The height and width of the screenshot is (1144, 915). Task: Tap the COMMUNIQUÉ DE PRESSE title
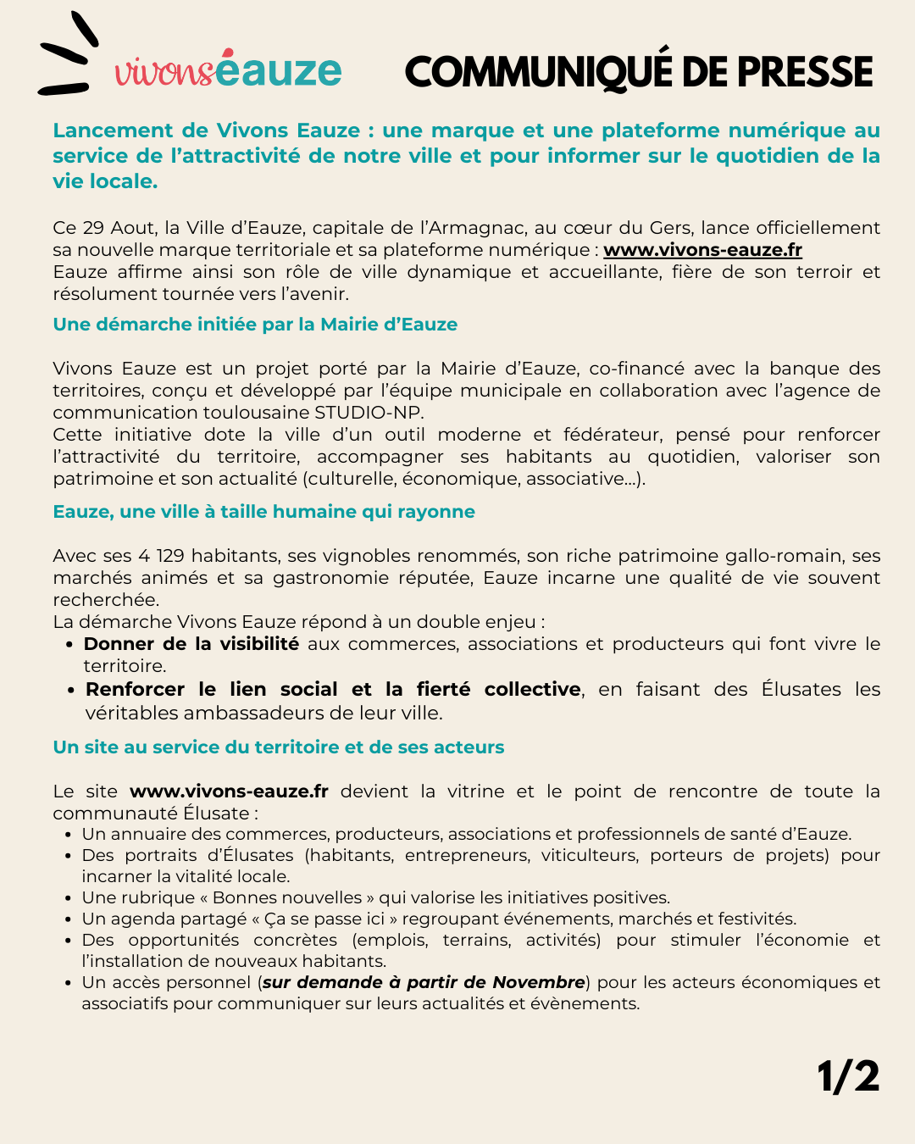(639, 72)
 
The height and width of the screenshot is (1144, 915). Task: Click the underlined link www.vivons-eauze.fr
(702, 250)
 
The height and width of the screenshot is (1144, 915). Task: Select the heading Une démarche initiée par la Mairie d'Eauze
(255, 325)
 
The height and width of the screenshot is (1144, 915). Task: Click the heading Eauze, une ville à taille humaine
(263, 512)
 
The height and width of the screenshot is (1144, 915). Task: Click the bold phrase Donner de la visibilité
(191, 644)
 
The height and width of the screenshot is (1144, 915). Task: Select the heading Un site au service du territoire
(278, 747)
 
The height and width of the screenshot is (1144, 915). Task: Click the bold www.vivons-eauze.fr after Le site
(229, 791)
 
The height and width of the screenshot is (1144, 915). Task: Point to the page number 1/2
(848, 1077)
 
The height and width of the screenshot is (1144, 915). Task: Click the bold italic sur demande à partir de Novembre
(424, 982)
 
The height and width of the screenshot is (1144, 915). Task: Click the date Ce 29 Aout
(104, 228)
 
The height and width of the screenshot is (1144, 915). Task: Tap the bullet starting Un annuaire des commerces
(466, 834)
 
